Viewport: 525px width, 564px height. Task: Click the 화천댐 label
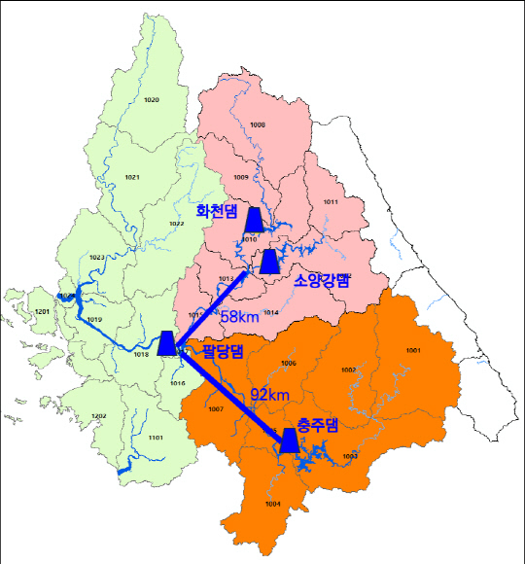click(x=217, y=211)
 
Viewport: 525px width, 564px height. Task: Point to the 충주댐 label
click(x=317, y=424)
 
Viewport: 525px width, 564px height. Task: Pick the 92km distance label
click(x=269, y=394)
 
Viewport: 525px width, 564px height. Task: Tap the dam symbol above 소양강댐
click(x=269, y=261)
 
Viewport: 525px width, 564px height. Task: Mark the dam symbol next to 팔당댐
click(x=167, y=343)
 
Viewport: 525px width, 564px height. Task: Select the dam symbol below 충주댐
click(x=288, y=441)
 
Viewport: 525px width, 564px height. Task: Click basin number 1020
click(x=151, y=101)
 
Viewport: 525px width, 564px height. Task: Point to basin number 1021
click(x=133, y=177)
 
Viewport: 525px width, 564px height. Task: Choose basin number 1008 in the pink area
click(x=258, y=125)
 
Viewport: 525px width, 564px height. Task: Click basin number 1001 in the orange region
click(x=413, y=350)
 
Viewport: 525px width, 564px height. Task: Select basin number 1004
click(x=272, y=504)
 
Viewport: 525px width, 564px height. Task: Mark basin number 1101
click(x=156, y=439)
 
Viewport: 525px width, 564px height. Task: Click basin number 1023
click(x=96, y=257)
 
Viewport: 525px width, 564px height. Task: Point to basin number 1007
click(x=216, y=409)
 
